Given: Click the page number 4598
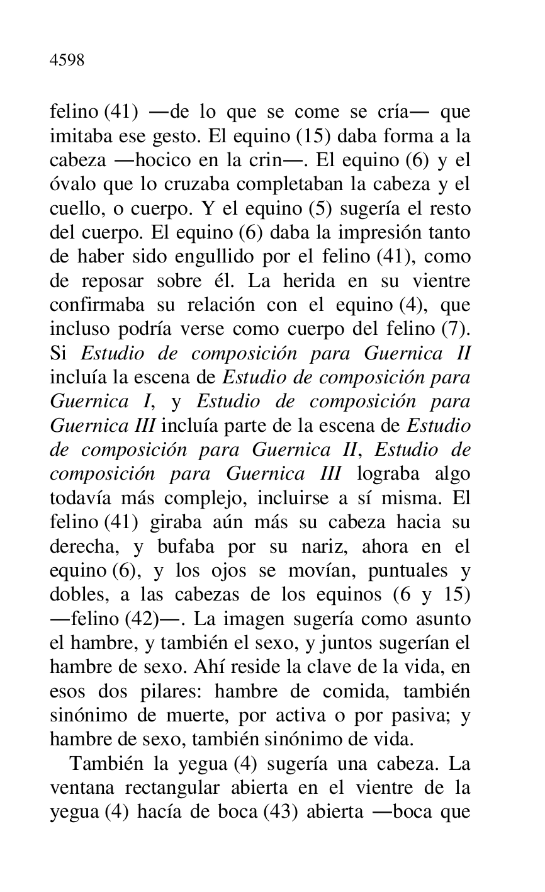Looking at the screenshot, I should (67, 60).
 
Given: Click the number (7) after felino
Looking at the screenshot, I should (456, 329).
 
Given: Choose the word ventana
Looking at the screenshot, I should (82, 788).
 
